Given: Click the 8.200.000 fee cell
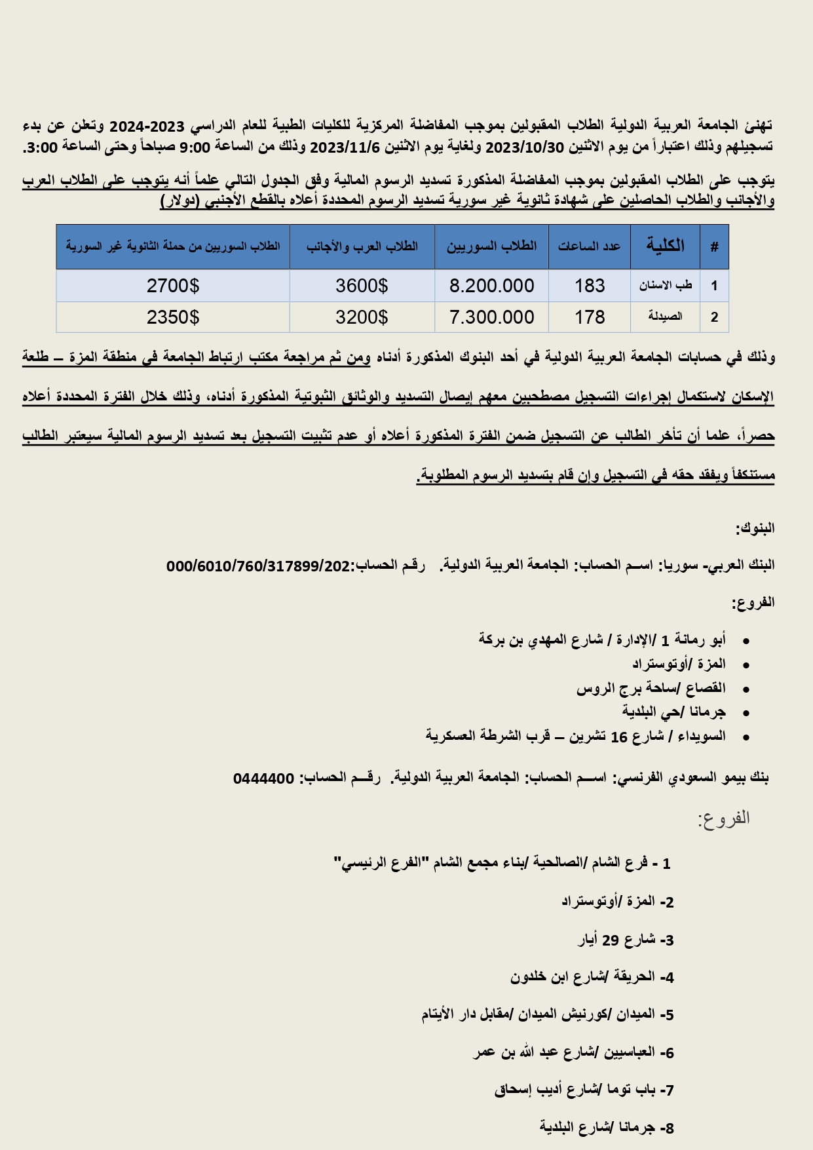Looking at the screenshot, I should pos(491,286).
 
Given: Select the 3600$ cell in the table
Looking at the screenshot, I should pos(362,286).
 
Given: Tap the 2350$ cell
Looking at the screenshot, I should pos(173,317).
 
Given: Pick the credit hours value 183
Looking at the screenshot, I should pos(590,286).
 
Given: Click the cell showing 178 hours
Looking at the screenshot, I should pos(590,317).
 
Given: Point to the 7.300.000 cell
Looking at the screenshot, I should pos(491,317).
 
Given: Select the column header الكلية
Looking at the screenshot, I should pos(665,246).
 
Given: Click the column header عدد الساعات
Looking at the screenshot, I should pos(589,246).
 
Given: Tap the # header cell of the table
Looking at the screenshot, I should pos(714,246).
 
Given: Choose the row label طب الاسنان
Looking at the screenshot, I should pos(665,286).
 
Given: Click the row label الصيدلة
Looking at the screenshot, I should pos(665,317).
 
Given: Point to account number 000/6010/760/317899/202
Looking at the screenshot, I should pos(259,565).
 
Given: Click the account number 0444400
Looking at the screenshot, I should pos(263,778).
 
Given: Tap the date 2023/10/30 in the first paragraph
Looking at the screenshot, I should pos(524,147).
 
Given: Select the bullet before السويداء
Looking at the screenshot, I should pos(746,737).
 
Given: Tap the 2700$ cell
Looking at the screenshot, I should pos(173,286).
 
